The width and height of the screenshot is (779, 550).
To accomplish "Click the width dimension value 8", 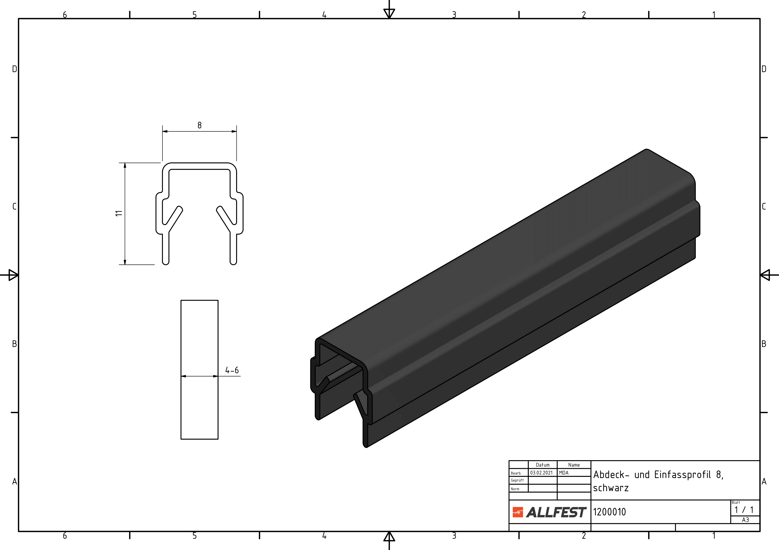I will [199, 125].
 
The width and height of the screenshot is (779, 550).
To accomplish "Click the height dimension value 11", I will [118, 213].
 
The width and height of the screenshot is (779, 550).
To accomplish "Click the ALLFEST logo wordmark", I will [556, 512].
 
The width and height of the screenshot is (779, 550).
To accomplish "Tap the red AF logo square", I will [517, 512].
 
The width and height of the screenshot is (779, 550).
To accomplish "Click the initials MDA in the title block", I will [564, 473].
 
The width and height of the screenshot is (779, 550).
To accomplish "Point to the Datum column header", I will [542, 465].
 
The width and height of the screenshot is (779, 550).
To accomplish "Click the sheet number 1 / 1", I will [744, 510].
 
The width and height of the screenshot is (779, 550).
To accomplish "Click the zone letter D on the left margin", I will [14, 69].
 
